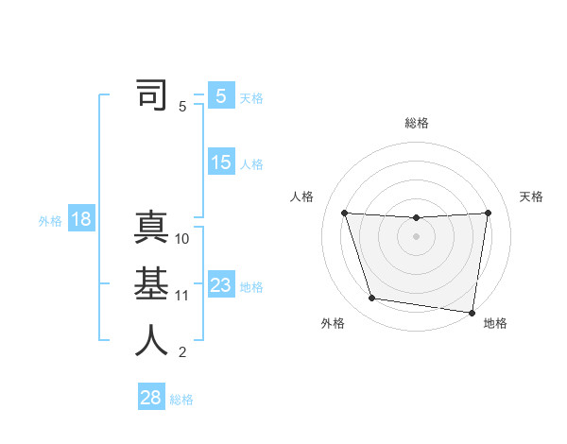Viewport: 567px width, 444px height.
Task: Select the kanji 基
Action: point(151,285)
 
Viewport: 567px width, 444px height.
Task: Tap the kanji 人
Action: point(151,341)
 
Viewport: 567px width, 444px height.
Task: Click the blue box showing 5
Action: point(221,95)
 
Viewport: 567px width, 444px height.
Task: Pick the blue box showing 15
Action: point(221,162)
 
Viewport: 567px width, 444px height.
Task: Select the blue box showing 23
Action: point(221,285)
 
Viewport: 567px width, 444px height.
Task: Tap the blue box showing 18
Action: point(80,220)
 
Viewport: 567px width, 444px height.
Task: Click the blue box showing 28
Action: point(151,398)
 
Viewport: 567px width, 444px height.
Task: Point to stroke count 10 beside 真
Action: point(182,239)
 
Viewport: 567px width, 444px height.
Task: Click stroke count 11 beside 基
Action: point(182,296)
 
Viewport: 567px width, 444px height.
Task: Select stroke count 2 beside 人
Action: point(182,352)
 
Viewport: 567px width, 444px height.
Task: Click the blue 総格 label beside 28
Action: point(181,400)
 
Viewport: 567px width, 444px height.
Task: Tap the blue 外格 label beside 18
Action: point(50,221)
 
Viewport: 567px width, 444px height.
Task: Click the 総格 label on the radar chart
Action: point(416,123)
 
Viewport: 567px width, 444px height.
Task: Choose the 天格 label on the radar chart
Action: point(532,196)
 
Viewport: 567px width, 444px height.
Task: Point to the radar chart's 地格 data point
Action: point(472,312)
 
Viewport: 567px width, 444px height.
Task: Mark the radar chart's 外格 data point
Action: point(371,299)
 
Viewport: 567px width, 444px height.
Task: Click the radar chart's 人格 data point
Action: point(344,213)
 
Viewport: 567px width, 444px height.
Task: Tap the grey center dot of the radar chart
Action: point(416,236)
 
